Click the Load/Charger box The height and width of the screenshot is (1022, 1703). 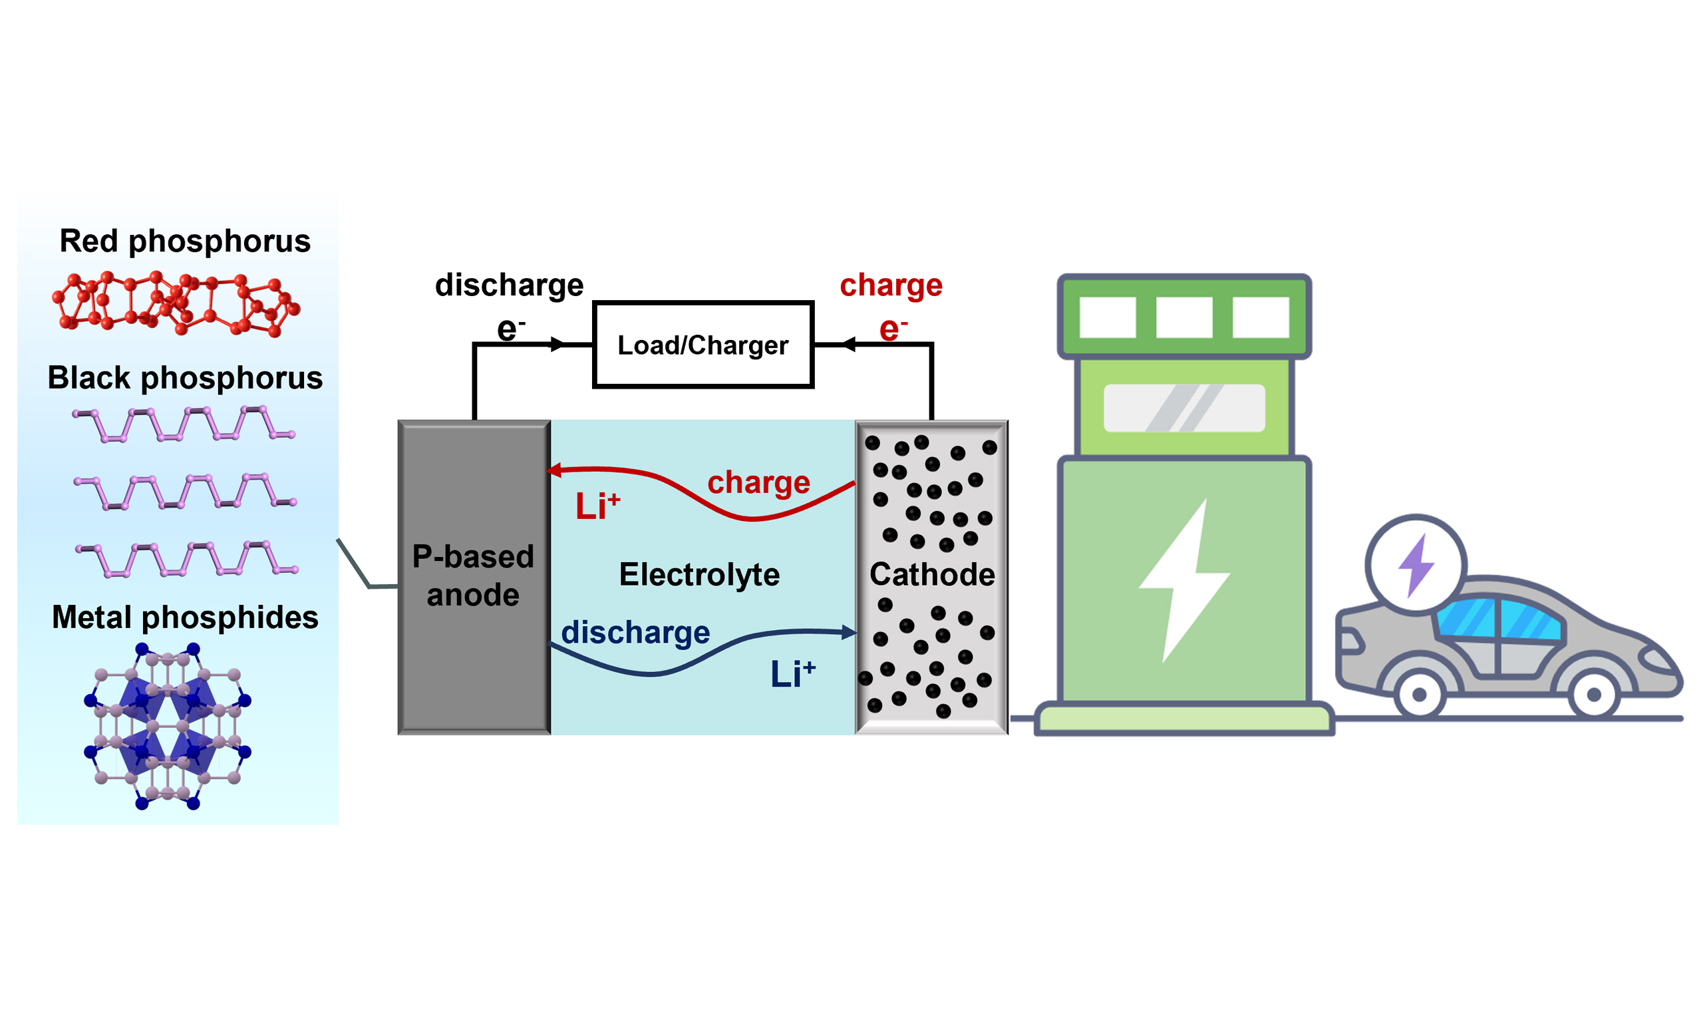702,345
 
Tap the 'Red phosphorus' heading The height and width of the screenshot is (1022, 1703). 184,241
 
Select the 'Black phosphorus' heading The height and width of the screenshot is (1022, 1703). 184,378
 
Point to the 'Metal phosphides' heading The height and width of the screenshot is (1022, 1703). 184,617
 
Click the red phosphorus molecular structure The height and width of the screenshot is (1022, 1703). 176,303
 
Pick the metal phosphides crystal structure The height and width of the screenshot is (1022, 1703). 167,725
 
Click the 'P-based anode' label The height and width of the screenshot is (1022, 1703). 473,575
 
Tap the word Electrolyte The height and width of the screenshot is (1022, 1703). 698,574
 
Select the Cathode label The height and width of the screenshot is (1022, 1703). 931,574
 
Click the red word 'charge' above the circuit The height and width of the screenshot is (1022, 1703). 891,285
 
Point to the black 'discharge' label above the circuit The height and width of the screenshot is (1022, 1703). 509,285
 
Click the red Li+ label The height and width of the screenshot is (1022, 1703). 597,506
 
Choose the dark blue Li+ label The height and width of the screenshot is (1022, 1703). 792,673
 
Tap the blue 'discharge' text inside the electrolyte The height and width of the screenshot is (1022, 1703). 635,632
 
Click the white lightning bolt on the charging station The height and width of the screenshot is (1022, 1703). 1185,580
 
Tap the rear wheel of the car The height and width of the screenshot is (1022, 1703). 1420,694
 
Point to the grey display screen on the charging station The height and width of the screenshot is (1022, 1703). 1184,409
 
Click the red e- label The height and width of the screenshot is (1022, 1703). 893,329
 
